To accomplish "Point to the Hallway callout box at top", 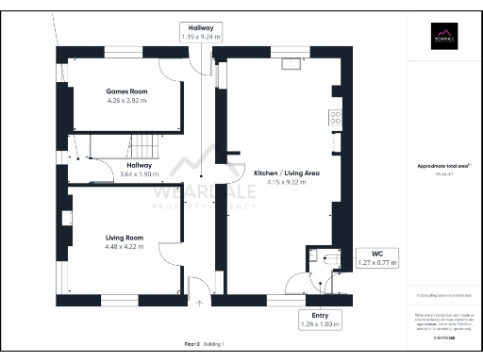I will [201, 31].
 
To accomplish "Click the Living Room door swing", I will [172, 255].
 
